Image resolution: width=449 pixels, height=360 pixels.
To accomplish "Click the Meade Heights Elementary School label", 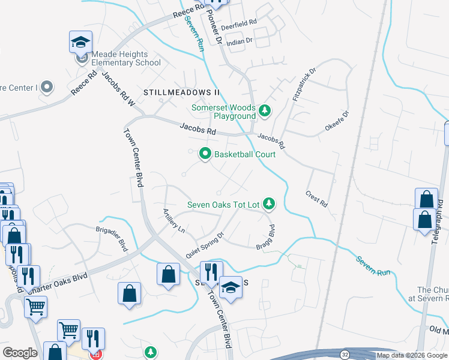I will click(127, 59).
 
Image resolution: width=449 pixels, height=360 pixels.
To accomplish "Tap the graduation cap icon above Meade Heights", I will click(80, 42).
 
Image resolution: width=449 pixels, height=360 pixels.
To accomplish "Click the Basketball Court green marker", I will click(205, 154).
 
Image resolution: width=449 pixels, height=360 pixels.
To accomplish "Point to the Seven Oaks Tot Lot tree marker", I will click(270, 205).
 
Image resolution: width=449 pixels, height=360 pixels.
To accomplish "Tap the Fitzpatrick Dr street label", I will click(303, 85).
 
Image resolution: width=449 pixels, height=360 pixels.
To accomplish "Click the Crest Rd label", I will click(316, 199).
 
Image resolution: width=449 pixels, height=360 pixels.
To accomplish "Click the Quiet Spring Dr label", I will click(204, 245).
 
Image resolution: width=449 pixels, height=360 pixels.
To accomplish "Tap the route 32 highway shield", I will click(345, 355).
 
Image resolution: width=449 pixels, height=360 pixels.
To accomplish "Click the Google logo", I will click(20, 353).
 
